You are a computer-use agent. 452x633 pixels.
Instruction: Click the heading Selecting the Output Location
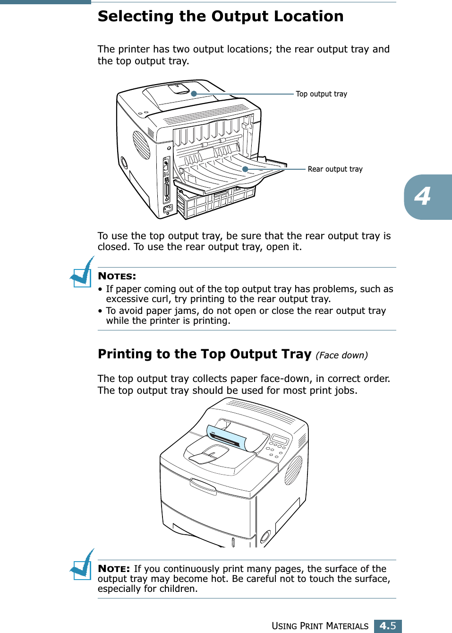(x=221, y=17)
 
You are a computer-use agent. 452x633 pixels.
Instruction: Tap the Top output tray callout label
(x=321, y=94)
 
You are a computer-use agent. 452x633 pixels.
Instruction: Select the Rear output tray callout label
(x=335, y=169)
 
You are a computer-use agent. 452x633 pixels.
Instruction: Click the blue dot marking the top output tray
(x=194, y=94)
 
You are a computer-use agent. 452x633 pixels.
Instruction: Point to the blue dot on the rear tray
(x=245, y=169)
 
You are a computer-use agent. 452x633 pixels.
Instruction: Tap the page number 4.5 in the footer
(x=388, y=626)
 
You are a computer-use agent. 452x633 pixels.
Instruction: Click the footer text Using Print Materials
(x=320, y=626)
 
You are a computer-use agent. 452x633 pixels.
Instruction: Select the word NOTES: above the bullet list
(x=117, y=276)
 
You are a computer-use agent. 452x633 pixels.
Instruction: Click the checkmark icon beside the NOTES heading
(x=82, y=272)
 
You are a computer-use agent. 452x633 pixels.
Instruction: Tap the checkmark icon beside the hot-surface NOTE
(x=82, y=565)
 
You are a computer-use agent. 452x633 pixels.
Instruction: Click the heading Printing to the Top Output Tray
(x=205, y=354)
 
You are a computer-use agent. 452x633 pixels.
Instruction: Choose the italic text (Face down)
(x=341, y=355)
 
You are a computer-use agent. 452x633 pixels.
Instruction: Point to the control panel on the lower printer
(x=278, y=445)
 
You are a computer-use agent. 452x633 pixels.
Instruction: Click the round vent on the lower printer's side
(x=293, y=470)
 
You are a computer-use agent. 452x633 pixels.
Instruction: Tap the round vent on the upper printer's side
(x=141, y=145)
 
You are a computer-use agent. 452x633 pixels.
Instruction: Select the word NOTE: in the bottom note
(x=114, y=569)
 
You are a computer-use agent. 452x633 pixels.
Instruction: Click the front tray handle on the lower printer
(x=204, y=486)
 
